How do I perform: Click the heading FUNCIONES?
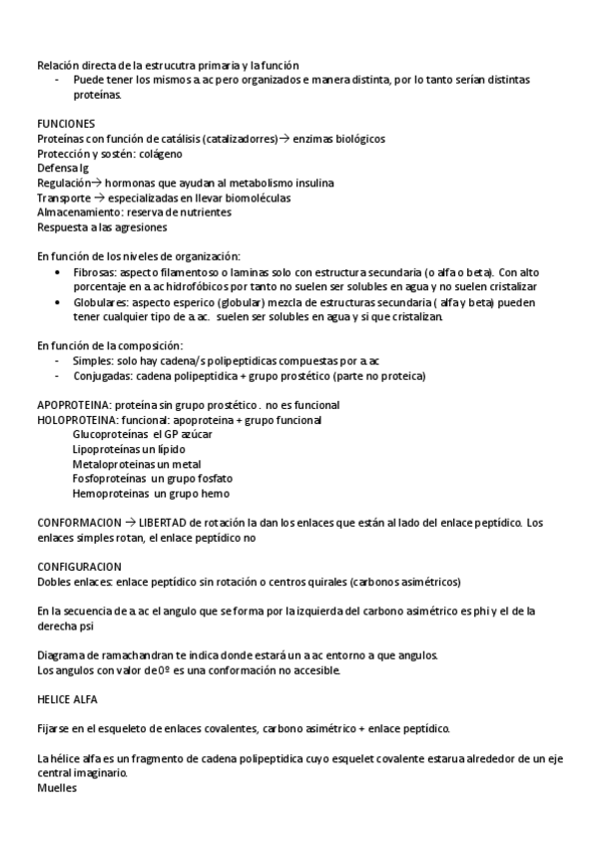tap(66, 123)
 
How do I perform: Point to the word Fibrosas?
tap(97, 272)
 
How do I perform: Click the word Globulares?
tap(101, 301)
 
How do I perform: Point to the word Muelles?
tap(57, 786)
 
